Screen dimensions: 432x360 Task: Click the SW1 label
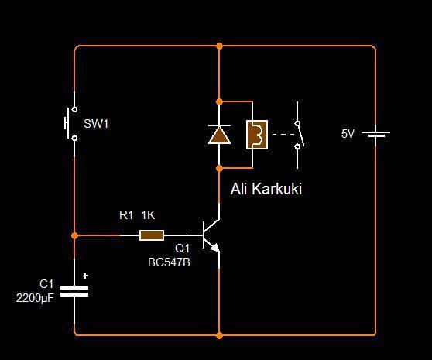pos(96,124)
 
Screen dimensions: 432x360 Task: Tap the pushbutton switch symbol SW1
pos(71,124)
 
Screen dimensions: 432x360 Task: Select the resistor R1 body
pos(152,235)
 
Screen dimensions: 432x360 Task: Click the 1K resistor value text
pos(148,215)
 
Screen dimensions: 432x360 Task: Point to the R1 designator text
pos(126,215)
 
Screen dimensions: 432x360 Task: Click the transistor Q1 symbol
pos(211,235)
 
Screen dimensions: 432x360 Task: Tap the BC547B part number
pos(169,262)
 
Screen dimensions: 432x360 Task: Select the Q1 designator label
pos(182,249)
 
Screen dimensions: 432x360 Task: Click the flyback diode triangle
pos(219,135)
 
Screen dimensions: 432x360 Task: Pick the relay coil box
pos(257,135)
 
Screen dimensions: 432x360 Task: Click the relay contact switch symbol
pos(299,135)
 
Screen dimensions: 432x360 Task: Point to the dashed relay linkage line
pos(283,135)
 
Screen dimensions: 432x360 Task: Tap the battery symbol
pos(375,134)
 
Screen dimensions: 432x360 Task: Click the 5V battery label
pos(348,134)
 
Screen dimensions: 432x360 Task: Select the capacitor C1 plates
pos(74,291)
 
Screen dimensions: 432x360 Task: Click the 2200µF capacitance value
pos(35,298)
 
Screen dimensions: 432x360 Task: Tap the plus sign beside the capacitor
pos(85,276)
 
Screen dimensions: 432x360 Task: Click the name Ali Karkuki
pos(266,189)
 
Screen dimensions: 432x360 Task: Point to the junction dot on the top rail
pos(219,46)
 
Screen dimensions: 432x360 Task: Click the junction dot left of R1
pos(74,235)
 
